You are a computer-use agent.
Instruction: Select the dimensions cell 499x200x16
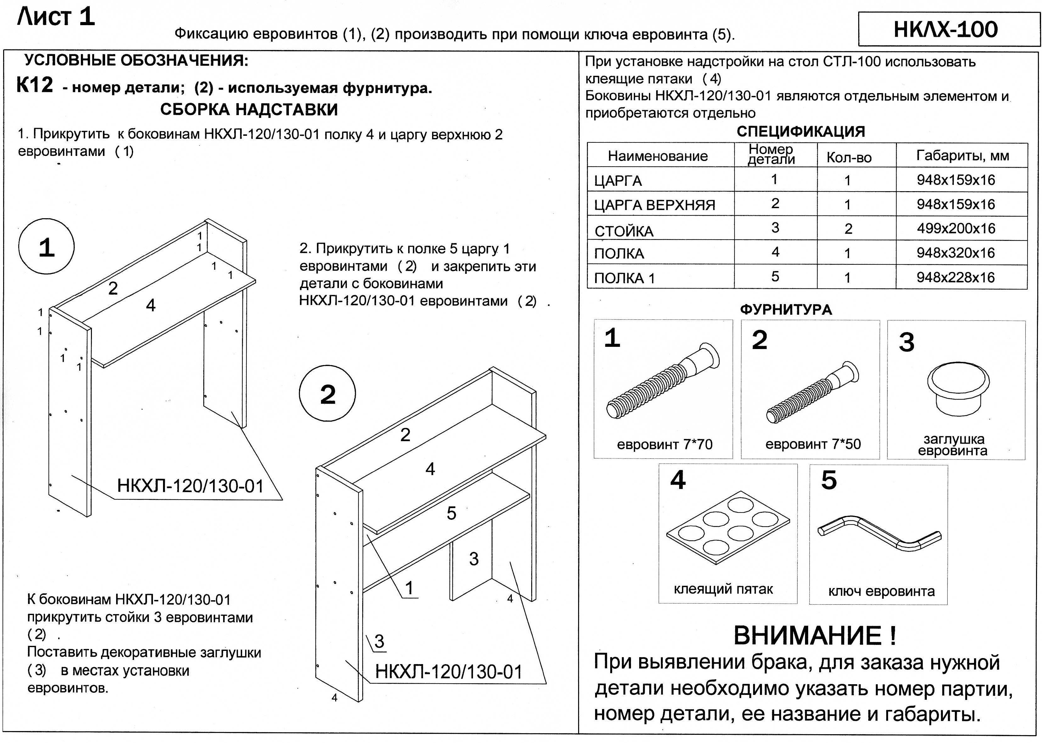click(956, 228)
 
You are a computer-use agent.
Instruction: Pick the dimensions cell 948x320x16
click(956, 252)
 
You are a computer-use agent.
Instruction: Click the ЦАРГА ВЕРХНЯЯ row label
click(654, 205)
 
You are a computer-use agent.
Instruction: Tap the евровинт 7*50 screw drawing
click(812, 392)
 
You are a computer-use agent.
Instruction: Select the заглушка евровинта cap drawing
click(958, 389)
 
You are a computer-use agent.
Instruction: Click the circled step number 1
click(46, 247)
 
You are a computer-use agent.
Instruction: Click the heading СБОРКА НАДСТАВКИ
click(249, 109)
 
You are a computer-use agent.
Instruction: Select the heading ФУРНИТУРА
click(786, 310)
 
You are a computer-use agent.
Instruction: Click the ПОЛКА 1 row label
click(624, 278)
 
